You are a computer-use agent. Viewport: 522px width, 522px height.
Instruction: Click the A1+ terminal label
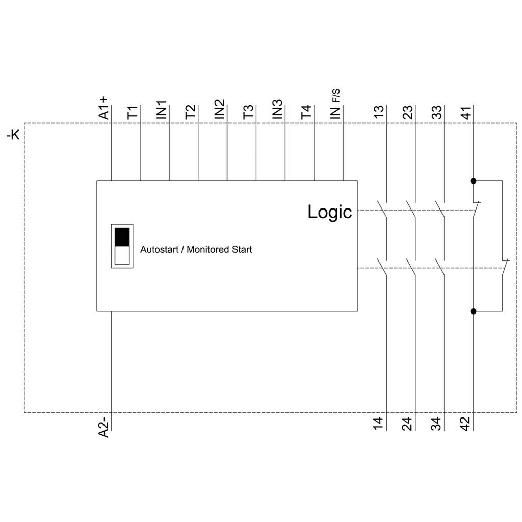click(x=103, y=108)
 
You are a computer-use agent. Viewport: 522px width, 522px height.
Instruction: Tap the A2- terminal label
click(x=103, y=426)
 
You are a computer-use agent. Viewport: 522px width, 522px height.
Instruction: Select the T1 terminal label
click(x=133, y=113)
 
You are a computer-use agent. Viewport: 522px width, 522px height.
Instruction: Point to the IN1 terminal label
click(x=162, y=110)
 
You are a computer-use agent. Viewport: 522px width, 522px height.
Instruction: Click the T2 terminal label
click(x=191, y=112)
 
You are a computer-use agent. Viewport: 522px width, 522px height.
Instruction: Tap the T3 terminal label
click(x=248, y=112)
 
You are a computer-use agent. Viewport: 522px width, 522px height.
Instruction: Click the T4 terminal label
click(x=306, y=112)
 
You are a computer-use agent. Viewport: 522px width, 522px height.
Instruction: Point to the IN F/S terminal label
click(x=336, y=105)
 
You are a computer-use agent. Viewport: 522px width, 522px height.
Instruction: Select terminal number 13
click(x=379, y=113)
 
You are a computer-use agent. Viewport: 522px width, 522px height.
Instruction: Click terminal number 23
click(x=408, y=113)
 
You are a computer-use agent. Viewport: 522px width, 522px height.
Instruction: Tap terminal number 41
click(x=465, y=113)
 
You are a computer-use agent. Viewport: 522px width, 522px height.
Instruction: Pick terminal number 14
click(x=379, y=424)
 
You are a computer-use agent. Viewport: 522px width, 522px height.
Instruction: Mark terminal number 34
click(x=436, y=424)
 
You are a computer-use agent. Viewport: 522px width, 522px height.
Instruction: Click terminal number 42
click(x=465, y=424)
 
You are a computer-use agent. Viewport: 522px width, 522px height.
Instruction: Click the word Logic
click(x=329, y=212)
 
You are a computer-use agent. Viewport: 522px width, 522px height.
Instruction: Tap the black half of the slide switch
click(x=122, y=237)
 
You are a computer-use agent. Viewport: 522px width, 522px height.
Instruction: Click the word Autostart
click(x=160, y=250)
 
